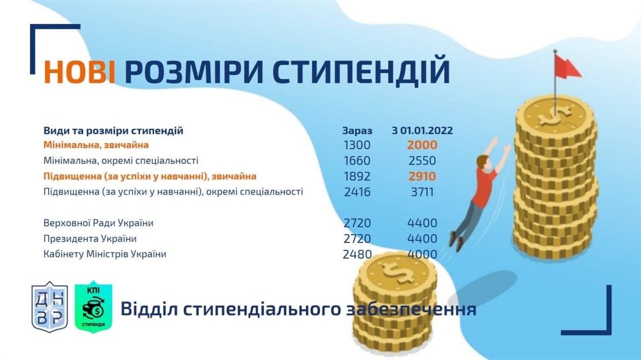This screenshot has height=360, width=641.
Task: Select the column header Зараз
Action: pos(357,131)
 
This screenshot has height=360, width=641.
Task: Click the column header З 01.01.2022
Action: pos(423,130)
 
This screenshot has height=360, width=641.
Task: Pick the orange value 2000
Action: pos(423,145)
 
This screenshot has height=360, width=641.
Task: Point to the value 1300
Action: pos(357,145)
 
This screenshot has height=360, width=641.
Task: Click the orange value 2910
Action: pos(423,176)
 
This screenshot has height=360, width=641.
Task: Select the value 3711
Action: pos(423,192)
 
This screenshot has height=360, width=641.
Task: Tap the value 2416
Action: pos(357,192)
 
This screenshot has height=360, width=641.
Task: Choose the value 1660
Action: pos(357,161)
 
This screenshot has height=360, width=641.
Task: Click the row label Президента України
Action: pos(90,238)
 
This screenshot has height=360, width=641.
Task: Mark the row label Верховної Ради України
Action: pos(98,223)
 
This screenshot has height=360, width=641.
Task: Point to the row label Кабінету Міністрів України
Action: pos(105,254)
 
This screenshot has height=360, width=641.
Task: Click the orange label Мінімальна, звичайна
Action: pos(96,145)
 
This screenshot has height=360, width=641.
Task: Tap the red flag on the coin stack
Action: pos(567,67)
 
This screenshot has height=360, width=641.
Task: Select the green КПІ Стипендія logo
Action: pos(93,307)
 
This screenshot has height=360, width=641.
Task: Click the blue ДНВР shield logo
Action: pos(50,307)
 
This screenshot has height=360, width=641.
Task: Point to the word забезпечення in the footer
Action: pos(411,310)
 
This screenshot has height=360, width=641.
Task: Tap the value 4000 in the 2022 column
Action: pos(423,254)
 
